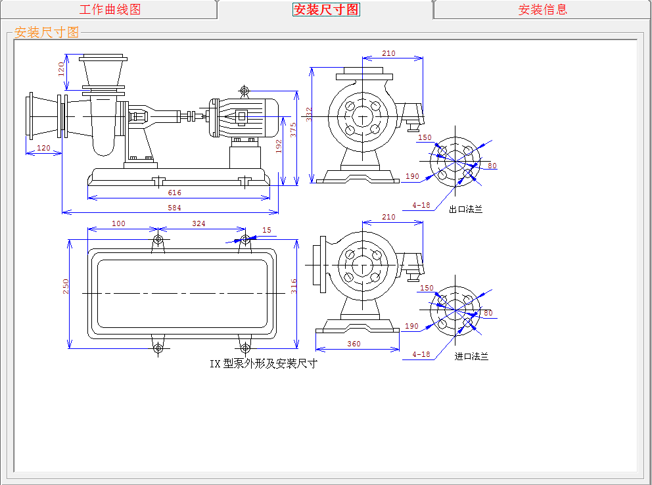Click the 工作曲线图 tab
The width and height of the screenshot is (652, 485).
coord(110,10)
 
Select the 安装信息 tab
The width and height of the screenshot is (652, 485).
coord(542,10)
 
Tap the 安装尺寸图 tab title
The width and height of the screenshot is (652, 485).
coord(326,10)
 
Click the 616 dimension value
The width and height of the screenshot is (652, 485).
coord(174,193)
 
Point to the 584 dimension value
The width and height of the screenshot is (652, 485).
coord(174,208)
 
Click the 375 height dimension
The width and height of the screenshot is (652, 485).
coord(294,129)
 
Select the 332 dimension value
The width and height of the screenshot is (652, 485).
coord(310,114)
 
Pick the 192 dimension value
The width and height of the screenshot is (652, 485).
coord(279,146)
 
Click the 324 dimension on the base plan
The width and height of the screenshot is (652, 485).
coord(198,223)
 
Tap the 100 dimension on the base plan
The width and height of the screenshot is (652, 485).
coord(118,223)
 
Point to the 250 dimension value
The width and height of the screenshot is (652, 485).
coord(66,287)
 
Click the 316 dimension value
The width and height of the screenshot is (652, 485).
coord(294,287)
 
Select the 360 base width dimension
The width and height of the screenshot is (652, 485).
coord(354,344)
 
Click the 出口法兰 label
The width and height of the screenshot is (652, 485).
coord(465,210)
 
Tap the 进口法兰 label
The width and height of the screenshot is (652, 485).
coord(471,356)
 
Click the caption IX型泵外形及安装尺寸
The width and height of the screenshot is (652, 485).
coord(264,363)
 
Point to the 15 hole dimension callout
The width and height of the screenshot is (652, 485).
coord(266,230)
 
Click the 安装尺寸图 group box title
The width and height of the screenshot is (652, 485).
coord(46,32)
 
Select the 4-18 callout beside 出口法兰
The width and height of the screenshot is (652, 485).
coord(421,205)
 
